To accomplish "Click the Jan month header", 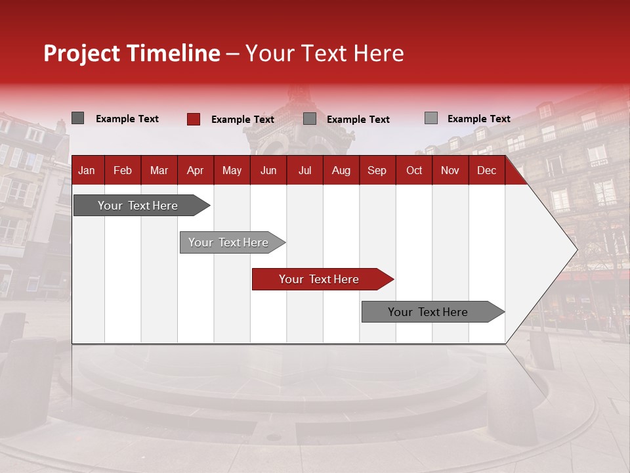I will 87,171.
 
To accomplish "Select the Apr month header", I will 195,171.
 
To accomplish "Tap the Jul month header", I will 304,171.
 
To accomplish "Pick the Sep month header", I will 377,171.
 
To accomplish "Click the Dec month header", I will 486,171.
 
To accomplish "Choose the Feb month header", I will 123,171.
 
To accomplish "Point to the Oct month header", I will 414,171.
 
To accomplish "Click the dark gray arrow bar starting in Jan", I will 138,206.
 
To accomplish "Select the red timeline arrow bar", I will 319,279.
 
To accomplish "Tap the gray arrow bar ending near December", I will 428,312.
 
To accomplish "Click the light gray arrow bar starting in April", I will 228,242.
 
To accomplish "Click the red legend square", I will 193,119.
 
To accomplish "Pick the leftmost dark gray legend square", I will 77,118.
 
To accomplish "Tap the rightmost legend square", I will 430,118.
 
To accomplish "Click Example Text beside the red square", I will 243,120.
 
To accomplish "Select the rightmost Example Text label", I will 478,119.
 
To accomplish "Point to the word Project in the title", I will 82,54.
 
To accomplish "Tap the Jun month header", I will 268,171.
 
